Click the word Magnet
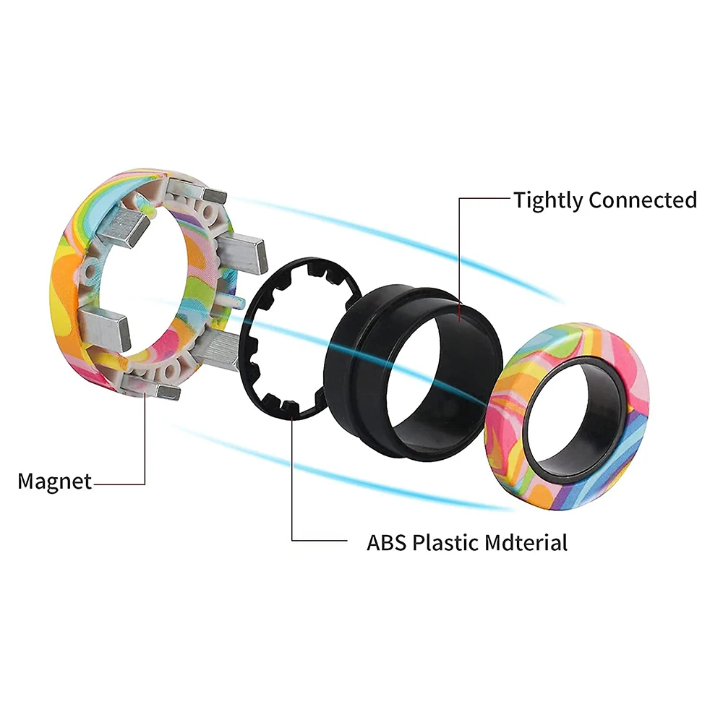[x=55, y=481]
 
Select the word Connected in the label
[x=643, y=200]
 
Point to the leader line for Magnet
[x=145, y=448]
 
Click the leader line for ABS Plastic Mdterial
[x=293, y=492]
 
